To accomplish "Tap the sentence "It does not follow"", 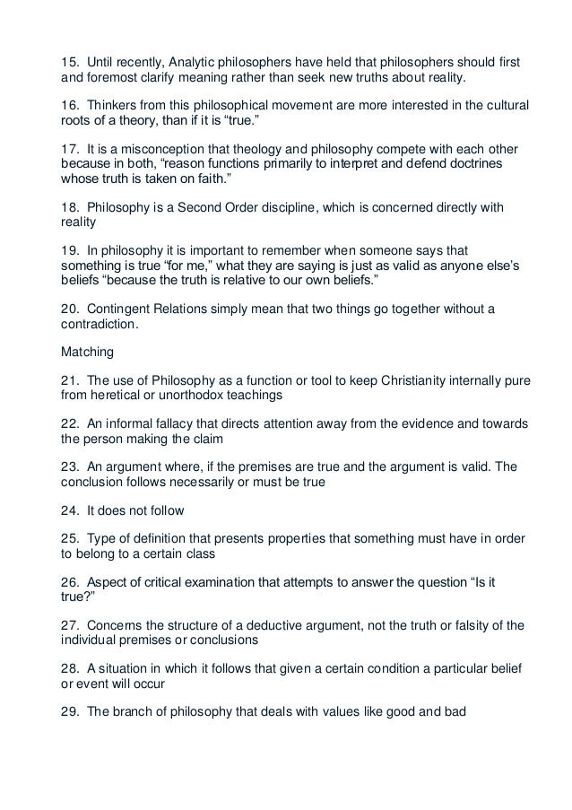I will click(x=135, y=511).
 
